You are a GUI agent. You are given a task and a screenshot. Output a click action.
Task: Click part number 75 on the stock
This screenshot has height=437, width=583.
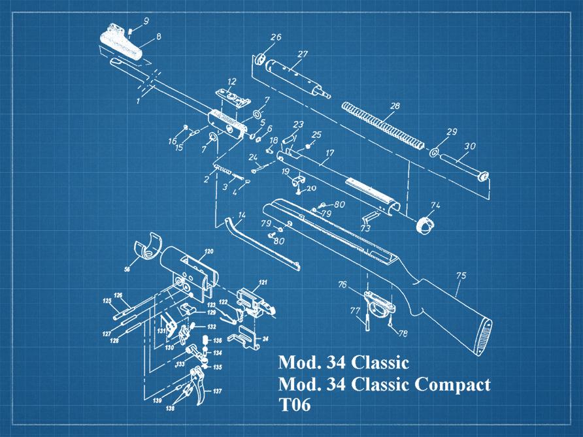point(461,276)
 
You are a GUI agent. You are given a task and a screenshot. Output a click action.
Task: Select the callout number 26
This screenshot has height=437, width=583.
point(276,38)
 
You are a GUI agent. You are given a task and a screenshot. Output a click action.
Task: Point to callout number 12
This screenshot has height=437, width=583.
point(231,82)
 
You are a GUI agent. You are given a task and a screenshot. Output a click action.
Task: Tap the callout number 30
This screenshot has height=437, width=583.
point(470,147)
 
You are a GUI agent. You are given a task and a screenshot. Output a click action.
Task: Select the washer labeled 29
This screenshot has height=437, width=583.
point(435,152)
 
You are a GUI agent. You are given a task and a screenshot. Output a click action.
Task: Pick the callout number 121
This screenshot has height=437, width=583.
point(262,283)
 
